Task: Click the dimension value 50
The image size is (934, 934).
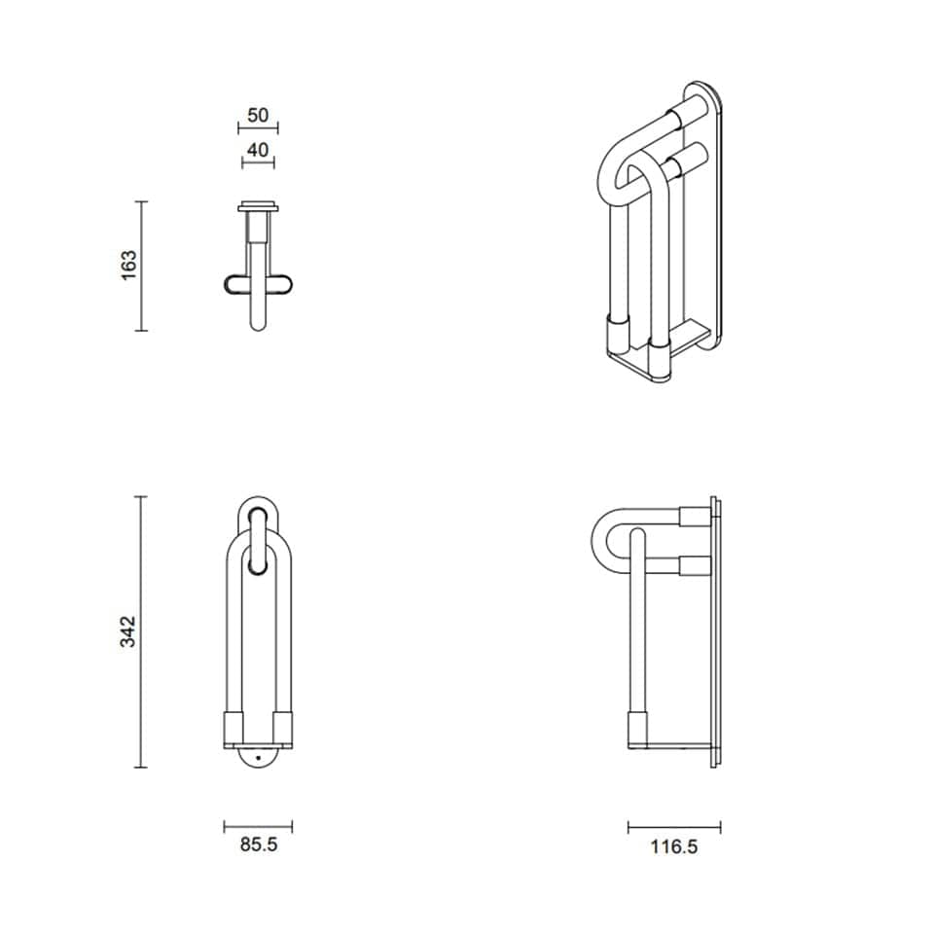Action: coord(258,115)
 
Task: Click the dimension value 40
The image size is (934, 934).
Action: coord(258,150)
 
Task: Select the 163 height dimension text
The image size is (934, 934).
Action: coord(129,266)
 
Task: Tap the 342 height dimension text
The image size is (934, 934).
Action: coord(127,631)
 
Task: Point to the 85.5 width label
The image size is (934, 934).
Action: coord(259,845)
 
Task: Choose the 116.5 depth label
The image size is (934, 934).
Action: coord(674,846)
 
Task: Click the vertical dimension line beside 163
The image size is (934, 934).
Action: coord(142,266)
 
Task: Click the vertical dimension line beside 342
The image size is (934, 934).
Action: coord(141,631)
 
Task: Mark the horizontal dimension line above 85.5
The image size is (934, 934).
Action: coord(258,826)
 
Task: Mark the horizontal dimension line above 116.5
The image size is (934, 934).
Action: coord(674,827)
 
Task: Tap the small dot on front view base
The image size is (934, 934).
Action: coord(259,756)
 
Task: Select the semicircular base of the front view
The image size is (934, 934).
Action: coord(259,759)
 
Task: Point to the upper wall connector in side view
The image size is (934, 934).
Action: coord(695,517)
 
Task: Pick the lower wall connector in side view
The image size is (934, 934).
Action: coord(695,564)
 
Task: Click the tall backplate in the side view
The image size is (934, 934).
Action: coord(715,632)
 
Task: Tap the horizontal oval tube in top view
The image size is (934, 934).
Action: coord(258,284)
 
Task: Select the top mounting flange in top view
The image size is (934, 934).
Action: coord(259,206)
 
